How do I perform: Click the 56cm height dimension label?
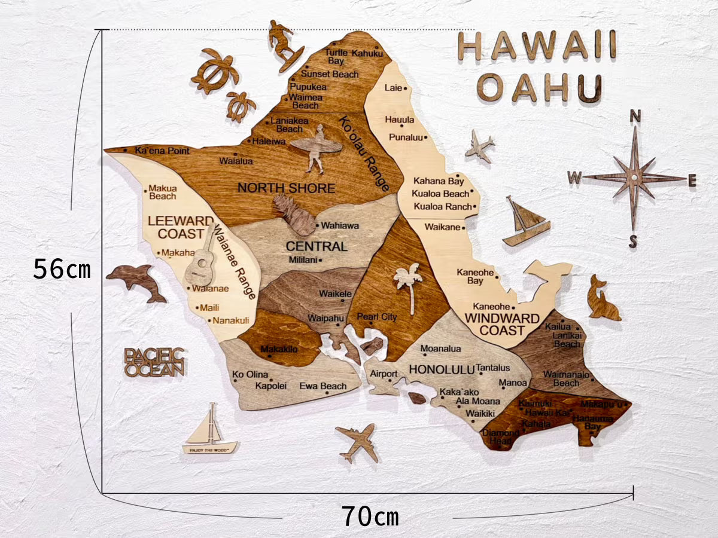coord(62,270)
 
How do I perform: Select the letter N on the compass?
coord(635,116)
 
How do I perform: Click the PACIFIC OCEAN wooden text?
coord(154,362)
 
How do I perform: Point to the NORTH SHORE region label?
coord(286,188)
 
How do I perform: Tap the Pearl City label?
coord(377,316)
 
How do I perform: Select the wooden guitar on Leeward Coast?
coord(202,262)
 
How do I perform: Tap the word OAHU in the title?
coord(539,88)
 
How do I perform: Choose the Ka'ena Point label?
coord(162,151)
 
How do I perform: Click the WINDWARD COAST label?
coord(501,324)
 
